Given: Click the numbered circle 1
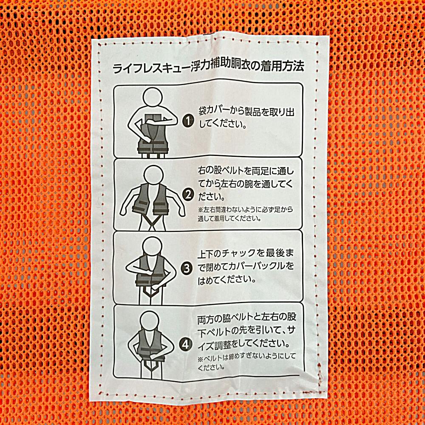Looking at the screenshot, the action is coord(188,121).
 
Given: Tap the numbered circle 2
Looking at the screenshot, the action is coord(188,195).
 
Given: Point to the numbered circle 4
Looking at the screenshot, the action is coord(185,345).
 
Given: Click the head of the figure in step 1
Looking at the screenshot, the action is coord(153,98).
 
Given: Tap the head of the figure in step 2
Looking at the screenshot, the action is coord(154,176).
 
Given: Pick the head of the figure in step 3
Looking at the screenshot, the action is coord(152,247).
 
